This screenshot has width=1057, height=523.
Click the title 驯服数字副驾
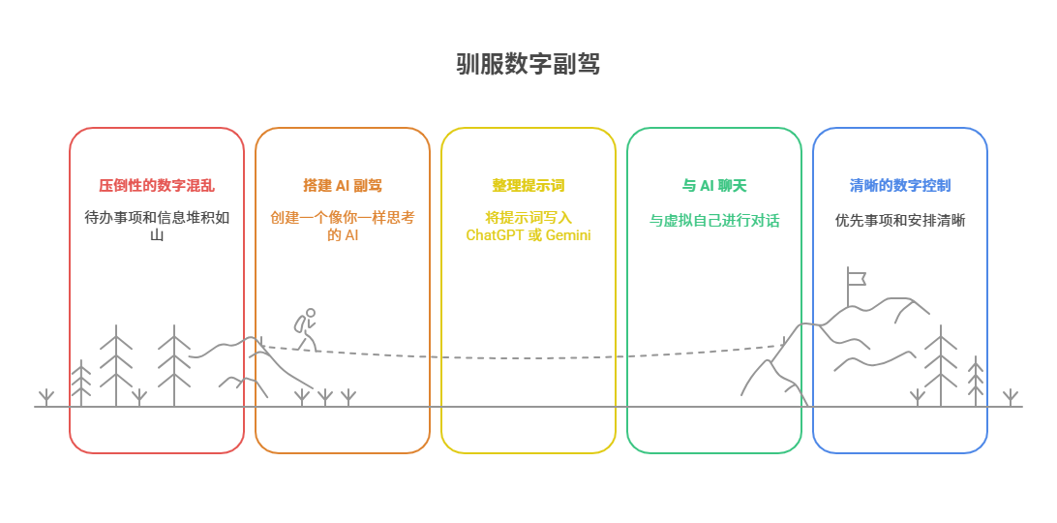[x=528, y=65]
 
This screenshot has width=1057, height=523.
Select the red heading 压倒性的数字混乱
[x=157, y=185]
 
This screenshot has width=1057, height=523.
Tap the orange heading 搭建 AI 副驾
[x=343, y=185]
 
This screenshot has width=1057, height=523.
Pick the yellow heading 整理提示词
[x=528, y=185]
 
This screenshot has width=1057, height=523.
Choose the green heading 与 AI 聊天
[x=714, y=185]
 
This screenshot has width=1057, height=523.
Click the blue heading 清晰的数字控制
[x=900, y=185]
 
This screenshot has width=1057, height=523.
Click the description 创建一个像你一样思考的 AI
[x=343, y=226]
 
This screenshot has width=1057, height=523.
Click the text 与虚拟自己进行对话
[x=714, y=221]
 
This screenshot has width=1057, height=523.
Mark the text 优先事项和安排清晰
[x=900, y=221]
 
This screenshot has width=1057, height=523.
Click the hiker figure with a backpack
[x=306, y=330]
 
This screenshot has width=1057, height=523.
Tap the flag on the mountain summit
[x=856, y=277]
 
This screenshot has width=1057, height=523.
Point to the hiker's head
[x=311, y=313]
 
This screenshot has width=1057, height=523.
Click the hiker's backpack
[x=300, y=324]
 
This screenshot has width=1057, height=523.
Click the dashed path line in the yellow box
[x=528, y=357]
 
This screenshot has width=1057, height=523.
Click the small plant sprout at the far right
[x=1011, y=397]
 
